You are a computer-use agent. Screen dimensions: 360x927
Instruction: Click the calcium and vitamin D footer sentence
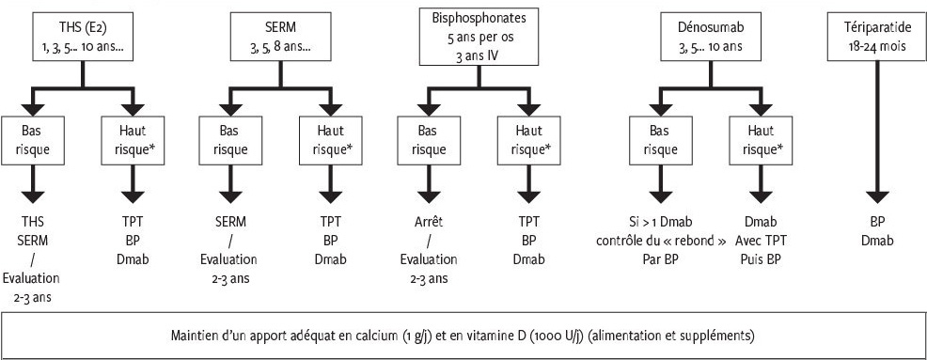[x=463, y=335]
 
